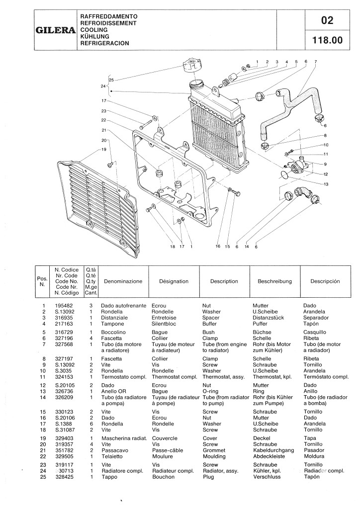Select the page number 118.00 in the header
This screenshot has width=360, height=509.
tap(327, 41)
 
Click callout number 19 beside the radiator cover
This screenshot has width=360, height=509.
tap(104, 149)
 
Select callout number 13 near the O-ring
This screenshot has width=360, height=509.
tap(327, 184)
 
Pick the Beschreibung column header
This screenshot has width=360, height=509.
tap(274, 281)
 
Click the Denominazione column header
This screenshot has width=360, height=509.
tap(123, 281)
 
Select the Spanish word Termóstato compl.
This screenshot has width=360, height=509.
tap(326, 377)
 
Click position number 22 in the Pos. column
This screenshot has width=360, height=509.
tap(44, 456)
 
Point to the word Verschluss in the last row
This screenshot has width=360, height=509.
tap(268, 477)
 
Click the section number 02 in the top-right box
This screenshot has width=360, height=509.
tap(327, 20)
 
